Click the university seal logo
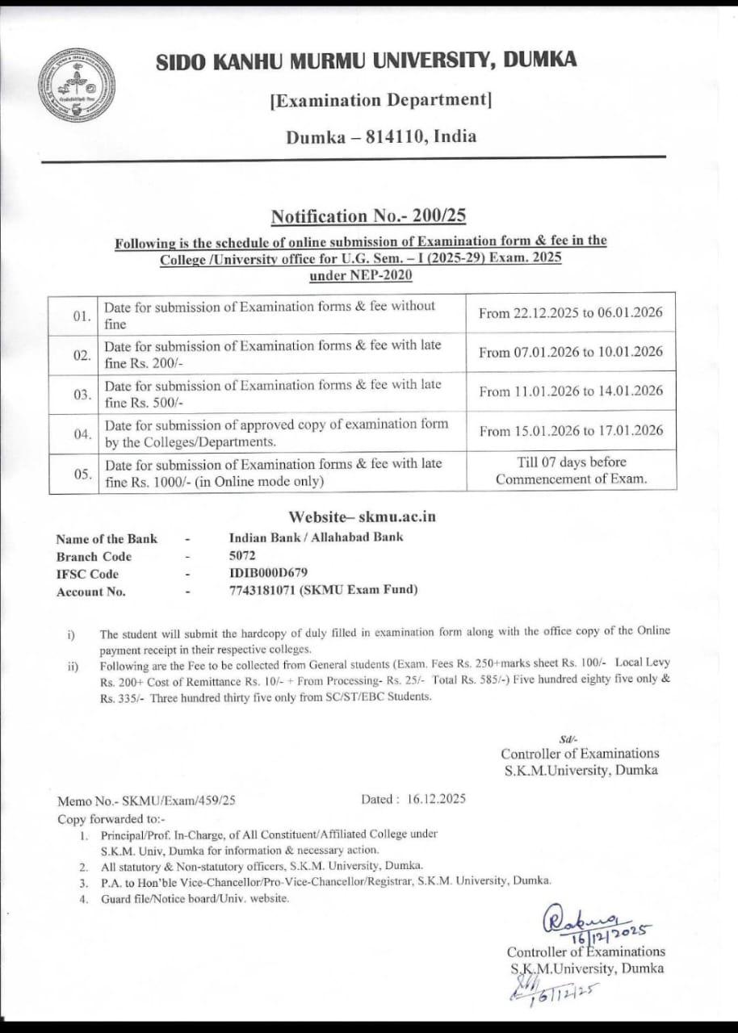(77, 86)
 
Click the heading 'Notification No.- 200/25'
(368, 216)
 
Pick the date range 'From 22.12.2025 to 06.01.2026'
(570, 313)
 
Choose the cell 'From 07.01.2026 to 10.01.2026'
(570, 352)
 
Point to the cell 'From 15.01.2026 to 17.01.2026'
(570, 431)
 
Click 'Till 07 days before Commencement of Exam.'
(571, 470)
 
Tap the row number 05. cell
(82, 474)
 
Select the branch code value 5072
(241, 556)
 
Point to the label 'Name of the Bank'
(107, 539)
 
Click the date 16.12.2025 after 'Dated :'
(436, 800)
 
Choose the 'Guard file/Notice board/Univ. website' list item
(194, 898)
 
